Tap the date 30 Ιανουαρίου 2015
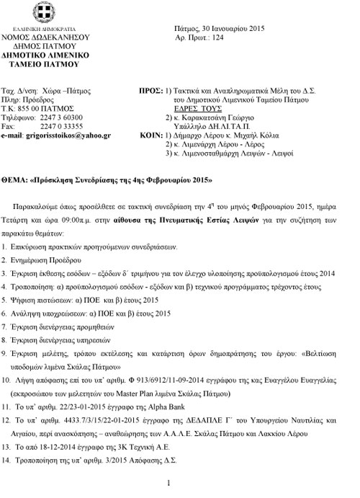[x=231, y=27]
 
